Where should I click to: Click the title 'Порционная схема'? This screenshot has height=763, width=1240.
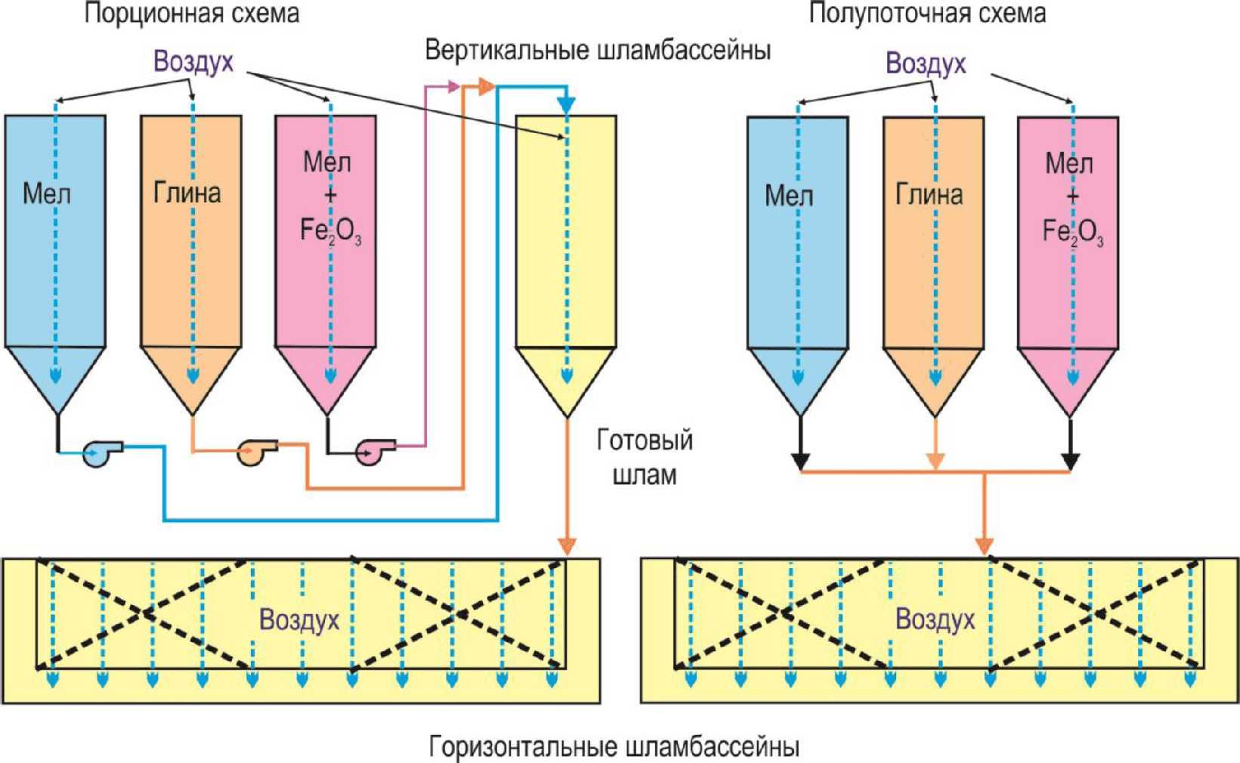(x=191, y=14)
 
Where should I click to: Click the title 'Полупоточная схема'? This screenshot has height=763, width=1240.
(x=927, y=13)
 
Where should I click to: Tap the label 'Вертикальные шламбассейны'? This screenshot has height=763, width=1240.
(x=598, y=51)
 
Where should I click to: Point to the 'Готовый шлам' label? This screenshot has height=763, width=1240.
(x=645, y=458)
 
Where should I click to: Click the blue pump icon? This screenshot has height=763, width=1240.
(x=102, y=454)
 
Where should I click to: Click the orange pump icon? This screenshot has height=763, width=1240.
(x=257, y=452)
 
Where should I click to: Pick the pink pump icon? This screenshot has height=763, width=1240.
(x=375, y=452)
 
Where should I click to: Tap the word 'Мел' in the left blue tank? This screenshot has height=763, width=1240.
(x=47, y=194)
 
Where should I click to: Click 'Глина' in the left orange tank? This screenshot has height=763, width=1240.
(x=187, y=193)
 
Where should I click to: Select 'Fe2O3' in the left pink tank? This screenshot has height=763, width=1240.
(x=330, y=230)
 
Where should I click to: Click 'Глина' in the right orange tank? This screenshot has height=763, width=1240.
(x=929, y=195)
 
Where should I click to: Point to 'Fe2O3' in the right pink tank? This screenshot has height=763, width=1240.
(x=1073, y=232)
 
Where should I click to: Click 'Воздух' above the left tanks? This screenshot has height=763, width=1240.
(x=193, y=62)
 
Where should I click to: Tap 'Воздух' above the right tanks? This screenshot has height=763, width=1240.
(x=926, y=63)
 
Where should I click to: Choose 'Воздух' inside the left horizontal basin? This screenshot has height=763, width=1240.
(x=299, y=620)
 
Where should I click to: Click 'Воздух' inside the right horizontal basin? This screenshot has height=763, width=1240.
(x=935, y=619)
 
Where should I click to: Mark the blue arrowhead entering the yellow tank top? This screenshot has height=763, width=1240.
(x=566, y=106)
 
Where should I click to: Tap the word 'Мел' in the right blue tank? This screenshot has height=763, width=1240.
(x=790, y=196)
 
